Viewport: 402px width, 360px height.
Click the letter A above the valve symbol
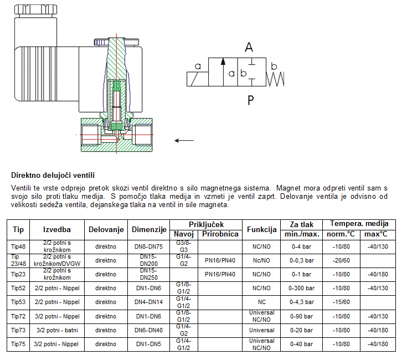(249, 47)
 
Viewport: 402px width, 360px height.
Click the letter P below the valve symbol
(250, 100)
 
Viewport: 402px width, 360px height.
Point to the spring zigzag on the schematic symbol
(275, 79)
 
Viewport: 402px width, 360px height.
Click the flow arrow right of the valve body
(184, 140)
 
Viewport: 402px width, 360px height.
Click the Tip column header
(18, 229)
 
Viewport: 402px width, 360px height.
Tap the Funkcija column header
(262, 229)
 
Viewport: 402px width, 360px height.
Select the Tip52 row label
(18, 288)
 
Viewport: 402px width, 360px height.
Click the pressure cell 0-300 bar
(303, 288)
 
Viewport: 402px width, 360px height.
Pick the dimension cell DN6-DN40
(149, 330)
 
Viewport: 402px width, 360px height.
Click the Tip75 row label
(18, 344)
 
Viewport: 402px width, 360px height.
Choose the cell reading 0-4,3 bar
(303, 302)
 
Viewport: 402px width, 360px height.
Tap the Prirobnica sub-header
(220, 234)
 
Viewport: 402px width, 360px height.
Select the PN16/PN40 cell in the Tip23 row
(220, 274)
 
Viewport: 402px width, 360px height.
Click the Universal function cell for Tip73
(262, 330)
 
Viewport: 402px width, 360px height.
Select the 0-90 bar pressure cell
(303, 316)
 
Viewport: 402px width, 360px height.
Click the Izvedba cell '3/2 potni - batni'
(57, 330)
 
